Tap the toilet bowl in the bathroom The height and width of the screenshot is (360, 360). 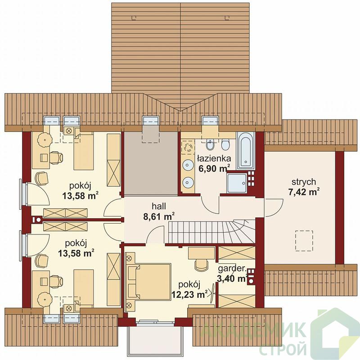(225, 145)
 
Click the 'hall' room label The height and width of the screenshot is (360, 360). (159, 206)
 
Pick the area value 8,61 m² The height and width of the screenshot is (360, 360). (159, 216)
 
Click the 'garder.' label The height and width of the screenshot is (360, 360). (232, 268)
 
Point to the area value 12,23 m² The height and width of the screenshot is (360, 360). (189, 294)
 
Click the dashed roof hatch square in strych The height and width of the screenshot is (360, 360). (304, 240)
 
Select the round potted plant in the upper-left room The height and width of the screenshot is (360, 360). (45, 139)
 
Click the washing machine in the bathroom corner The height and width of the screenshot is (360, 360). (188, 147)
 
